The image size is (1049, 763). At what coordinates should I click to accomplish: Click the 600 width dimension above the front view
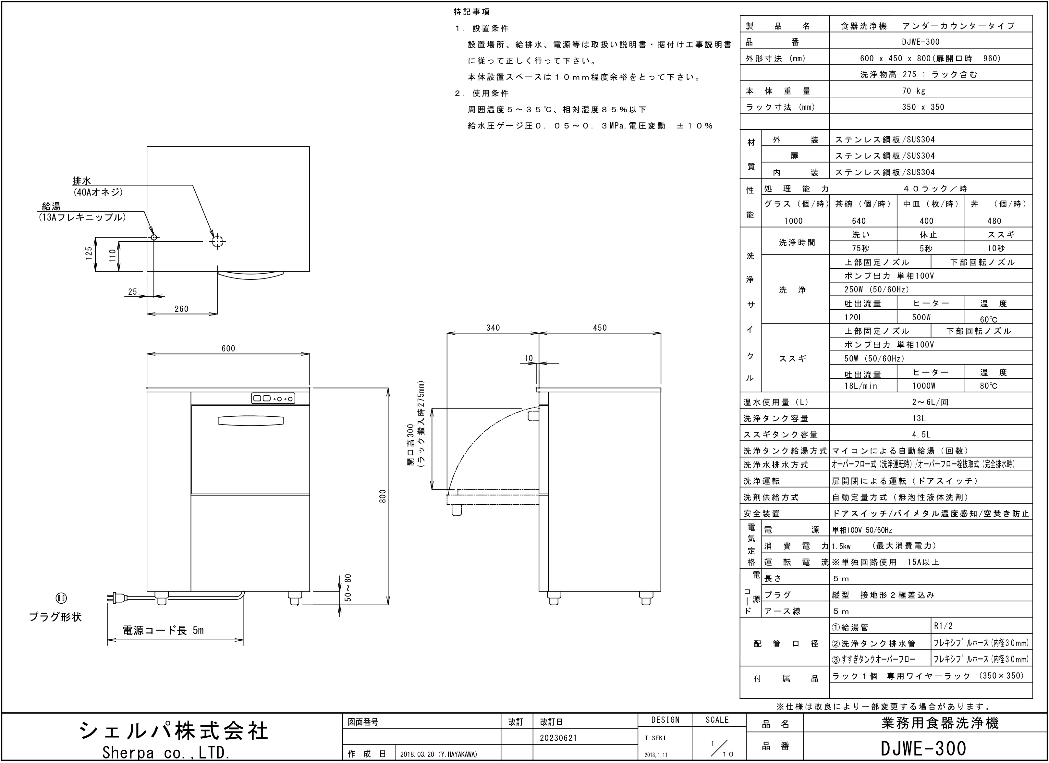click(x=228, y=349)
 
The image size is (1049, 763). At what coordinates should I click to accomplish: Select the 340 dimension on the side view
click(x=493, y=327)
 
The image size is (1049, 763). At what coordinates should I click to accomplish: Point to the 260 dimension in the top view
click(x=181, y=309)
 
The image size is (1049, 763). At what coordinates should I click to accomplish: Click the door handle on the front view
click(x=250, y=420)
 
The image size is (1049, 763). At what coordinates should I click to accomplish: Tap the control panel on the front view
click(x=273, y=398)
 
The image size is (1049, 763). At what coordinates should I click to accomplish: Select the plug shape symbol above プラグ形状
click(x=61, y=598)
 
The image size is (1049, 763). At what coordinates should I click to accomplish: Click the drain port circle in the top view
click(x=217, y=241)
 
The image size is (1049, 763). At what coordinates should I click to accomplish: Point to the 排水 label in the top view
click(x=82, y=181)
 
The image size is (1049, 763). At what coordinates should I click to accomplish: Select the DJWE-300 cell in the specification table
click(x=921, y=42)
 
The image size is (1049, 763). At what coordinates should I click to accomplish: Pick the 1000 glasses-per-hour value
click(x=793, y=221)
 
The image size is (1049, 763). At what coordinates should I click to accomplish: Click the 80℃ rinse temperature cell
click(x=988, y=386)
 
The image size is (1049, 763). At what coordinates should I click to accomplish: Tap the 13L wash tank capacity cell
click(x=919, y=418)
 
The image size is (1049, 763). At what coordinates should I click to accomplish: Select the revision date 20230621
click(x=558, y=738)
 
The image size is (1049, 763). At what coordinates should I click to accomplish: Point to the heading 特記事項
click(x=471, y=12)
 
